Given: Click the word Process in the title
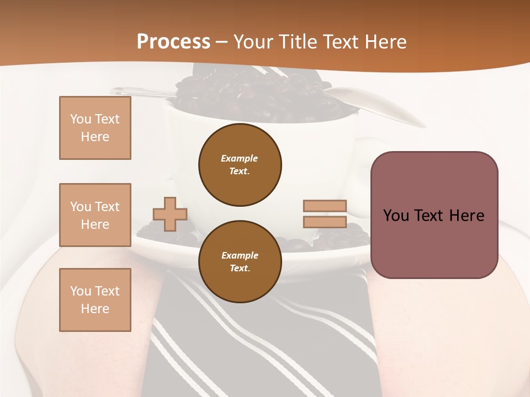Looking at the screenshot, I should (173, 42).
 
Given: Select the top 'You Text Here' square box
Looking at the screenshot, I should (95, 128).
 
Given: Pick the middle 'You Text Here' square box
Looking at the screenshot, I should (95, 215).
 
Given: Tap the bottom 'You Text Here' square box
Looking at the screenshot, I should (95, 300).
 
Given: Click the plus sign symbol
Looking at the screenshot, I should (170, 214).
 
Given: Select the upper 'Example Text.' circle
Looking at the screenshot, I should (240, 165).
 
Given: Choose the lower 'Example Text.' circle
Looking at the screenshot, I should (240, 262).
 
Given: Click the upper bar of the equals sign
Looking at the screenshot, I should (325, 206).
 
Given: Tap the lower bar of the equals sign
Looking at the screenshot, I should (325, 222).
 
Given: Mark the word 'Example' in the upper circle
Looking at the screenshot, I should (240, 158).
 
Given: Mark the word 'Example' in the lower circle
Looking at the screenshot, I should (240, 255).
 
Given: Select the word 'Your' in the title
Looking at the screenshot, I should (252, 42).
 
